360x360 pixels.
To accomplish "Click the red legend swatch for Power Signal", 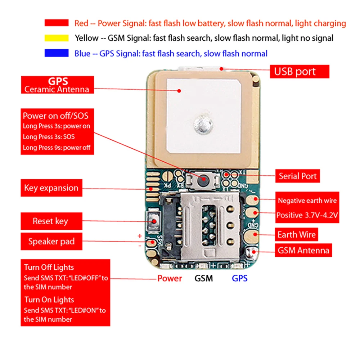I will click(57, 23).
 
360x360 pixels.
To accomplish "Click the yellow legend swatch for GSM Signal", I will click(57, 38).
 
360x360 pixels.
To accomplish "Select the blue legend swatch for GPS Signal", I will click(57, 53).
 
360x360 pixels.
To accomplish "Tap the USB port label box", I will click(300, 71).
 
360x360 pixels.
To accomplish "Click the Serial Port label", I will click(298, 176).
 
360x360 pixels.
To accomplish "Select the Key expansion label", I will click(51, 188).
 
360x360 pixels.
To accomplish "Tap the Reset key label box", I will click(51, 221).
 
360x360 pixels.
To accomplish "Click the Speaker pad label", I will click(51, 242).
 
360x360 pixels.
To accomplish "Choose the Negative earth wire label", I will click(307, 201).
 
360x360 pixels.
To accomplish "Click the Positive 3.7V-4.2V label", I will click(307, 215).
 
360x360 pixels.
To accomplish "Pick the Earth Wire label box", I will click(296, 235).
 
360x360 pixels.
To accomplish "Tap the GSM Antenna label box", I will click(303, 251).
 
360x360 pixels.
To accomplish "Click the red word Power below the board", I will click(170, 278).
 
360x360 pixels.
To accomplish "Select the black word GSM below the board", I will click(204, 278).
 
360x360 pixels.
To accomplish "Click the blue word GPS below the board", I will click(240, 278).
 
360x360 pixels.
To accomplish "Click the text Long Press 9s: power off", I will click(57, 148).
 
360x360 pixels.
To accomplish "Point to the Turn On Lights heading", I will click(49, 300).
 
